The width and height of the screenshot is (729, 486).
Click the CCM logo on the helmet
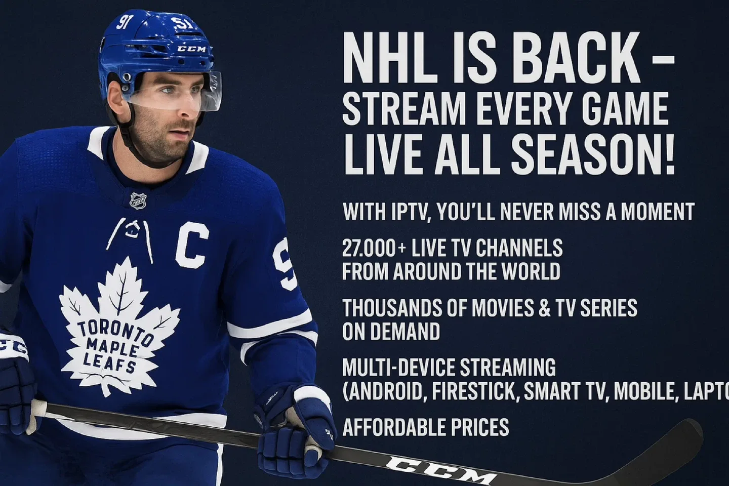[191, 49]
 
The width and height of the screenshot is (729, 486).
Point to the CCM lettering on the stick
[440, 468]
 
